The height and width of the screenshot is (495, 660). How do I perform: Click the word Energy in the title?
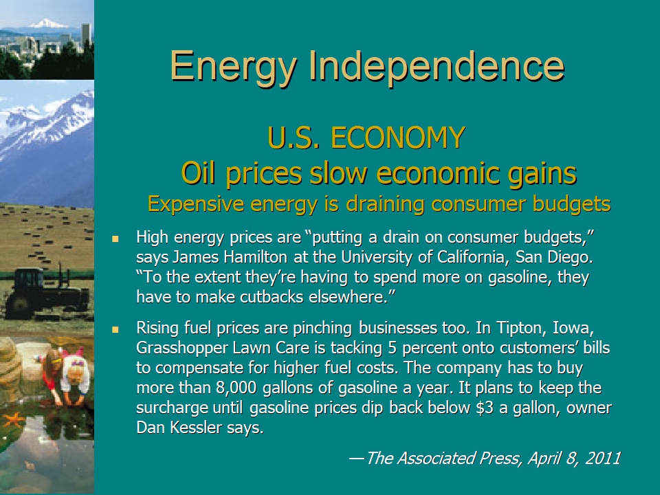coord(233,67)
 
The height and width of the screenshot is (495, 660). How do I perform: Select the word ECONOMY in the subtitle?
coord(398,137)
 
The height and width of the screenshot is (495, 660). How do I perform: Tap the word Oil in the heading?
coord(199,173)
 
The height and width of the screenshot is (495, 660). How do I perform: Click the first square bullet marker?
coord(115,239)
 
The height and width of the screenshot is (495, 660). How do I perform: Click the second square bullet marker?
coord(115,329)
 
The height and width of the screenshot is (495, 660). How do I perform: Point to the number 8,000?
coord(236,388)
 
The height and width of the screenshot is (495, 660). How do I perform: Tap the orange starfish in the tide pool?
coord(14,419)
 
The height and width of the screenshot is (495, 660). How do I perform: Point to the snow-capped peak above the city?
coord(47,23)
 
